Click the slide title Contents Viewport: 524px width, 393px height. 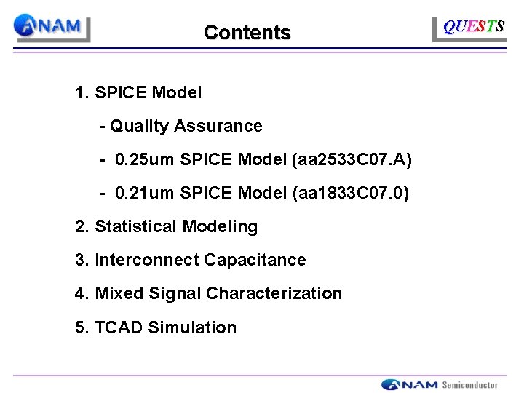click(247, 33)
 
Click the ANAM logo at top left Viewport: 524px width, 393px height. click(52, 27)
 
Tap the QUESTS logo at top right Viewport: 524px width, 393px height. click(474, 27)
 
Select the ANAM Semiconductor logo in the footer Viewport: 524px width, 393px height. click(440, 384)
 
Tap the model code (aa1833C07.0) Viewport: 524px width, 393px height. click(350, 194)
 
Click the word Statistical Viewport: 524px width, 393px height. click(136, 227)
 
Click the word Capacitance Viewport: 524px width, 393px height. click(255, 261)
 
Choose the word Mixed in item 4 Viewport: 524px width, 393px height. click(119, 294)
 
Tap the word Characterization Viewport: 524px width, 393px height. click(274, 294)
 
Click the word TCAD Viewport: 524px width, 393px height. click(119, 327)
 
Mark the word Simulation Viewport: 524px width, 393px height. click(192, 327)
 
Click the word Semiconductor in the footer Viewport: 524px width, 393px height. click(470, 385)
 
